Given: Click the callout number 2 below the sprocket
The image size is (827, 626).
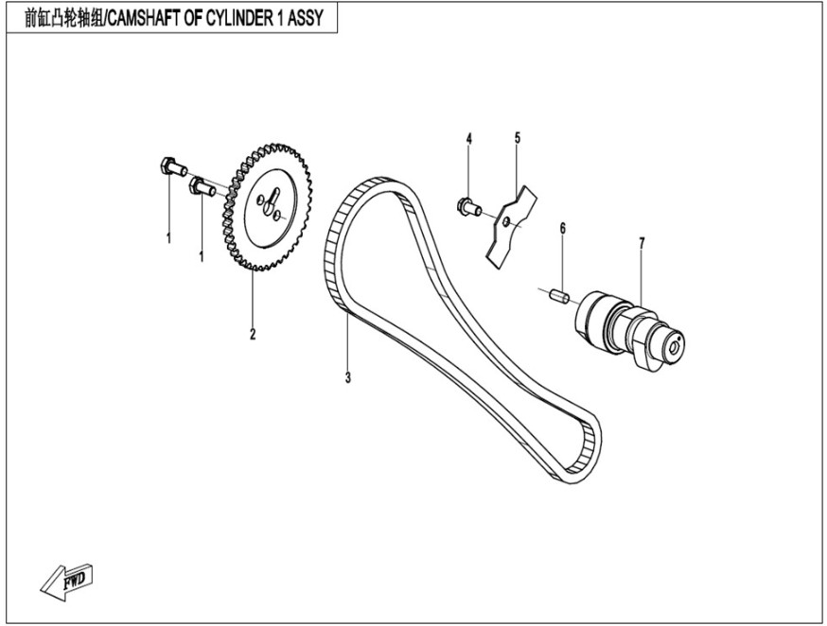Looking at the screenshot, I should [253, 334].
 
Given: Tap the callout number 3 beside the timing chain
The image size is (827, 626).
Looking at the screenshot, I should [348, 378].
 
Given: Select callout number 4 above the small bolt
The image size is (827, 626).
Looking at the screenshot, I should [468, 140].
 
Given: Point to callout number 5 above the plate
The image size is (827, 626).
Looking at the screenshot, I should [518, 138].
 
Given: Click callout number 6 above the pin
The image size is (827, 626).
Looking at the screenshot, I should [562, 228].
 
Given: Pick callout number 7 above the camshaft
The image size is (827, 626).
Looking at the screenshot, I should [642, 243].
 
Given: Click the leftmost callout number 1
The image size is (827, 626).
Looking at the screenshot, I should [169, 238].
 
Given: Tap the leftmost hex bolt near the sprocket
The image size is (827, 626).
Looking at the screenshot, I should [169, 169].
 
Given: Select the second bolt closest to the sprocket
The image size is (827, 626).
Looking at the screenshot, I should [202, 185].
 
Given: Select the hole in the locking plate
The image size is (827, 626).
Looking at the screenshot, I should [507, 222].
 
